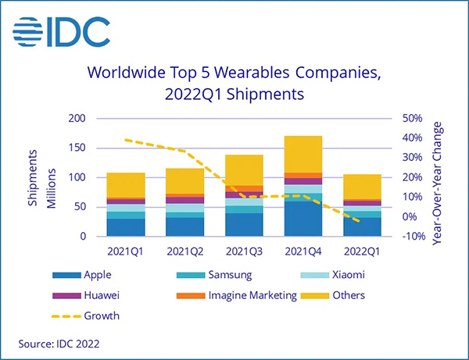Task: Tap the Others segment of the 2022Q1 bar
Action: tap(363, 187)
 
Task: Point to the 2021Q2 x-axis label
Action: tap(185, 251)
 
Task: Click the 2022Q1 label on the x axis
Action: tap(363, 251)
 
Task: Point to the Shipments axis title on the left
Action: tap(34, 178)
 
